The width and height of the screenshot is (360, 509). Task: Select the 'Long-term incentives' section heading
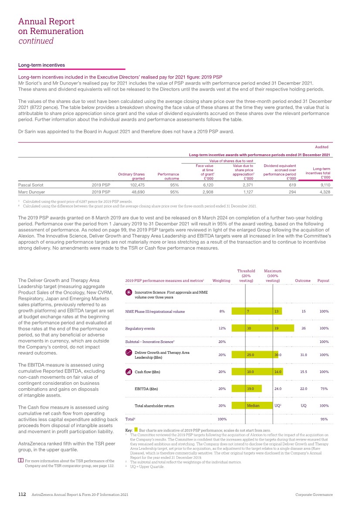(x=41, y=65)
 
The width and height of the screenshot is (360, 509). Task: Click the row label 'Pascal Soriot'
(x=31, y=184)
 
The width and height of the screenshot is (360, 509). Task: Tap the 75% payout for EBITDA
(x=323, y=388)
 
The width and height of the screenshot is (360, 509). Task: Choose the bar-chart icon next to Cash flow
(x=129, y=372)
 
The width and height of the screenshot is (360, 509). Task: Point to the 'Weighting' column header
(x=221, y=281)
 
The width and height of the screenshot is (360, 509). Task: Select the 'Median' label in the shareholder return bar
(x=253, y=405)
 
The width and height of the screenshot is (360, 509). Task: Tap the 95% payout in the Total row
(x=323, y=419)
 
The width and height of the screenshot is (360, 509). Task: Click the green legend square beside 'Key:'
(x=136, y=430)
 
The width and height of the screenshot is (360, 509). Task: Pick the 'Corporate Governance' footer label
(x=314, y=495)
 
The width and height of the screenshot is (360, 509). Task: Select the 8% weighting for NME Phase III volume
(x=222, y=312)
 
